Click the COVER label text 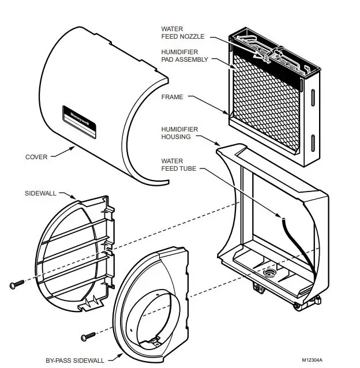pyautogui.click(x=36, y=156)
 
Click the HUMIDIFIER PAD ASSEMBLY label pyautogui.click(x=183, y=55)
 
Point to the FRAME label pyautogui.click(x=172, y=97)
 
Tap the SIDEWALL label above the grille pyautogui.click(x=40, y=193)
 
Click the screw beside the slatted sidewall pyautogui.click(x=17, y=284)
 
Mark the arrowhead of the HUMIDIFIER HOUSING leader pyautogui.click(x=220, y=144)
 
